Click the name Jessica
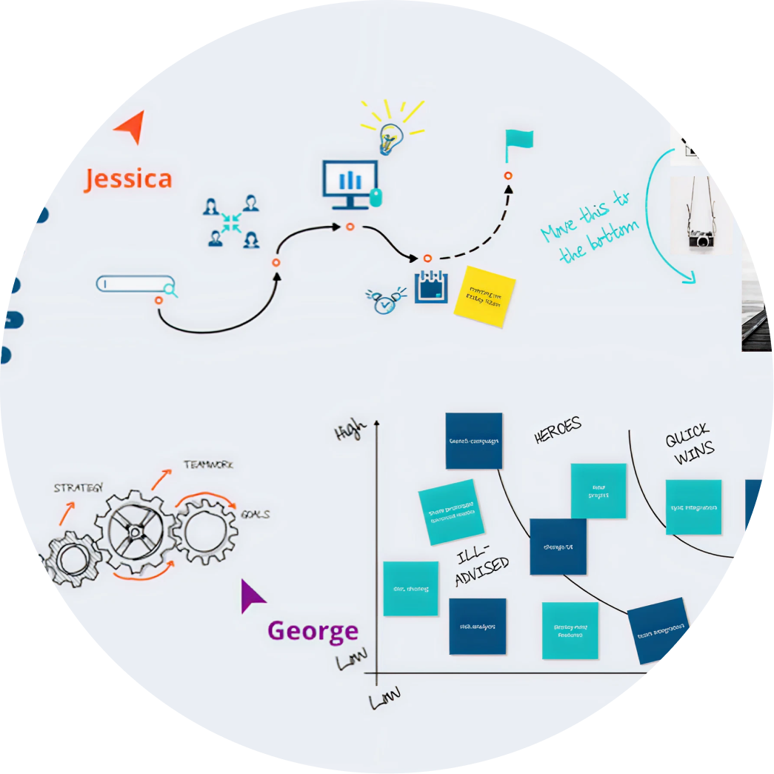pyautogui.click(x=127, y=179)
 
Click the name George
pyautogui.click(x=313, y=631)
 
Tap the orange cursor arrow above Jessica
pyautogui.click(x=130, y=127)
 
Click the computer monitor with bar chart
pyautogui.click(x=350, y=181)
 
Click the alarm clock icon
pyautogui.click(x=384, y=300)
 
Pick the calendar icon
pyautogui.click(x=432, y=287)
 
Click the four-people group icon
pyautogui.click(x=231, y=221)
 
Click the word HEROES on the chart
pyautogui.click(x=558, y=431)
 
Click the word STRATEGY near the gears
pyautogui.click(x=79, y=488)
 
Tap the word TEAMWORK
pyautogui.click(x=208, y=465)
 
